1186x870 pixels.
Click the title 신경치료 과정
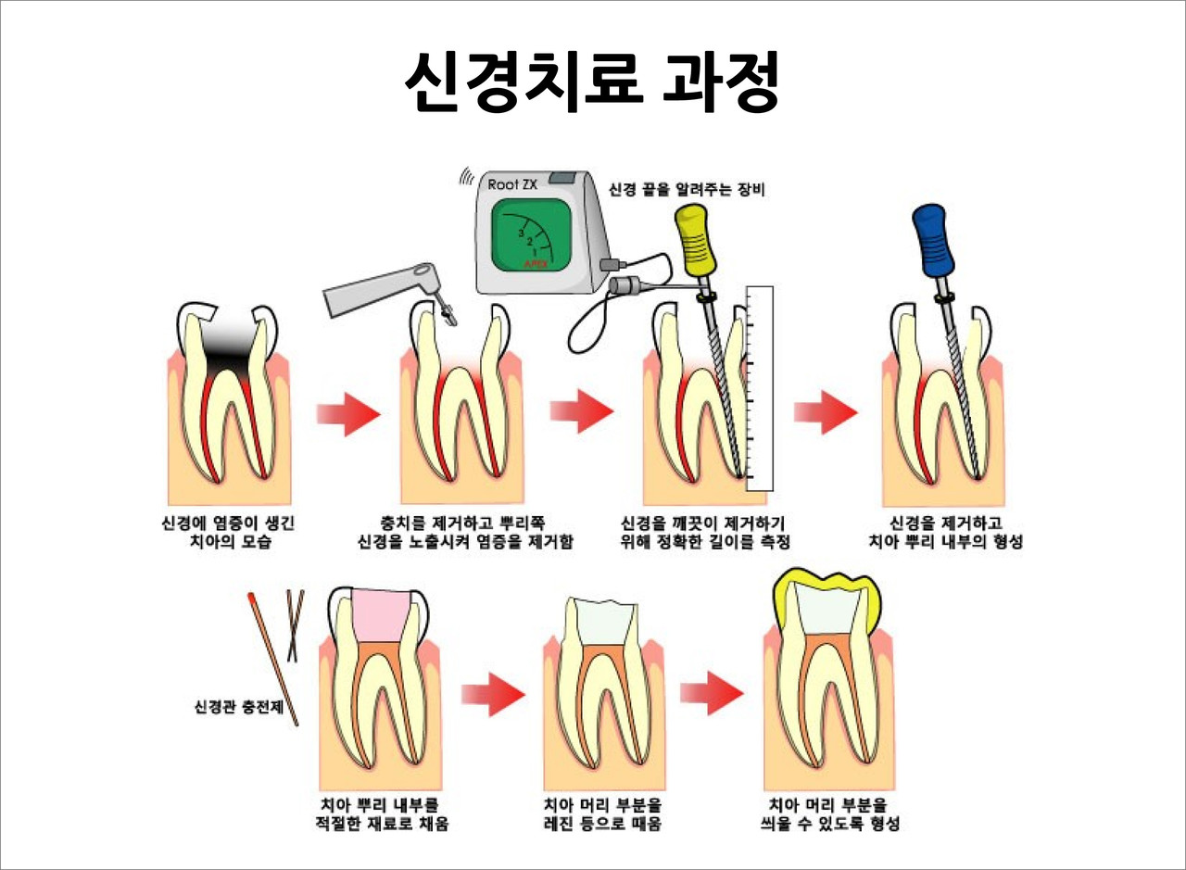(x=592, y=82)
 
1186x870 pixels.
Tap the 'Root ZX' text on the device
(x=512, y=184)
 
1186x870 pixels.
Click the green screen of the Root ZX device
(x=532, y=236)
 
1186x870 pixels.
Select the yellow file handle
(x=695, y=239)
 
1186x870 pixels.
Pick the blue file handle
(x=933, y=239)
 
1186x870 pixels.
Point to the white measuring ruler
(x=759, y=388)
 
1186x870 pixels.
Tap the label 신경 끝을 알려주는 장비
(x=687, y=189)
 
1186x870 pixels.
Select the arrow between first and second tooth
(x=348, y=413)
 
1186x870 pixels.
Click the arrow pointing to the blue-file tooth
(x=826, y=412)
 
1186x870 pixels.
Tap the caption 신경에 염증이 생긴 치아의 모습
(x=228, y=533)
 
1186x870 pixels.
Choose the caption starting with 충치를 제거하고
(x=465, y=533)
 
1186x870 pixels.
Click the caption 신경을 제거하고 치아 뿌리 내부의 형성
(x=945, y=533)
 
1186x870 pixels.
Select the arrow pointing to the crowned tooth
(x=713, y=693)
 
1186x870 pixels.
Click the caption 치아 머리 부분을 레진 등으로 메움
(x=602, y=815)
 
